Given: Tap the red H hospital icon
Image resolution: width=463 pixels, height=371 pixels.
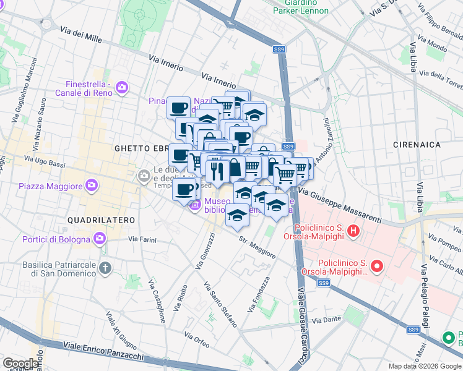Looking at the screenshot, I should pyautogui.click(x=353, y=231).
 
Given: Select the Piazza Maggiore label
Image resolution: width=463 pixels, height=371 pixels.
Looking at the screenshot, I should pyautogui.click(x=51, y=186).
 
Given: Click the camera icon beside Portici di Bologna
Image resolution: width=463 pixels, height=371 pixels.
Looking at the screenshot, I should pyautogui.click(x=100, y=239).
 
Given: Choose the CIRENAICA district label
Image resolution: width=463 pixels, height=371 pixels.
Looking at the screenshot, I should pyautogui.click(x=417, y=145).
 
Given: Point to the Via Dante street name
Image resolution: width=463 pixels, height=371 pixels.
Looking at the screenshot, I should pyautogui.click(x=327, y=320).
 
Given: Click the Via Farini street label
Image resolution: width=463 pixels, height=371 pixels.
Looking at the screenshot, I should pyautogui.click(x=142, y=239).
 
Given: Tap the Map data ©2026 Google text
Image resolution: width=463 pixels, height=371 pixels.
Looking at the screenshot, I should pyautogui.click(x=424, y=366).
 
